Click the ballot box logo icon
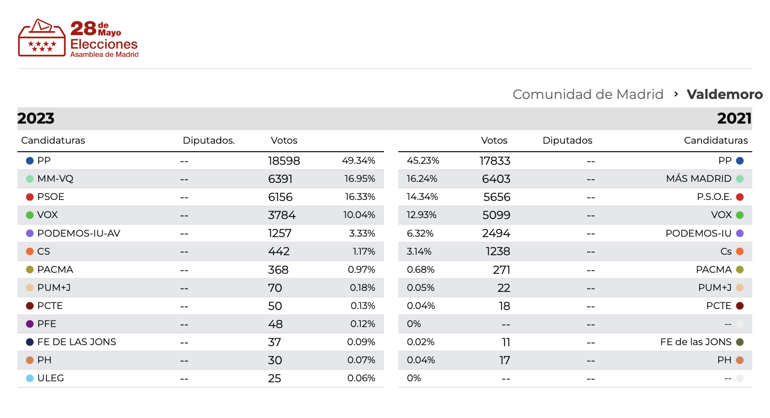point(42,38)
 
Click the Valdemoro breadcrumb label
point(724,94)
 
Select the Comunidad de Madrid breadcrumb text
point(588,94)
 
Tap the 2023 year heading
point(36,119)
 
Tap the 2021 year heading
point(734,119)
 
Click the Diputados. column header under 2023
point(209,141)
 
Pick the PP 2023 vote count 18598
point(283,161)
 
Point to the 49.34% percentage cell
point(358,161)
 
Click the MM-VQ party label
point(55,179)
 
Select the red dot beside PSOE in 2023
point(30,197)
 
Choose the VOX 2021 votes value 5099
point(496,215)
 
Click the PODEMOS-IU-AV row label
point(78,233)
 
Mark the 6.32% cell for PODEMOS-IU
point(420,233)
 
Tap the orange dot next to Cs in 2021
point(739,251)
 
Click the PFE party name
point(47,324)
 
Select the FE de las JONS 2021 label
point(696,342)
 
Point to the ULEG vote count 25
point(274,378)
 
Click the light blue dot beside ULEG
point(30,378)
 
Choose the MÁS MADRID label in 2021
point(699,179)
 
